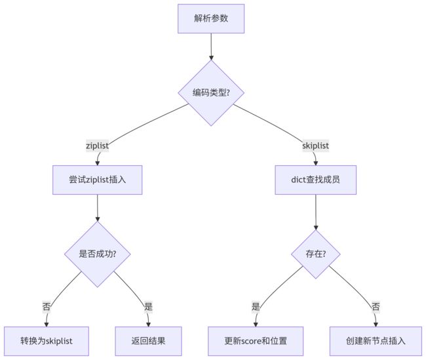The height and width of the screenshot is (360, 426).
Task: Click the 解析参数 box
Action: pyautogui.click(x=211, y=19)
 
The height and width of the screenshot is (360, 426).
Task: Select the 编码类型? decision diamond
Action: pyautogui.click(x=211, y=92)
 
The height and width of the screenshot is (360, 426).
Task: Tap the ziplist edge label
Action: pyautogui.click(x=97, y=146)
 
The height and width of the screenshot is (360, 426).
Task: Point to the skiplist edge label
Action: pyautogui.click(x=315, y=146)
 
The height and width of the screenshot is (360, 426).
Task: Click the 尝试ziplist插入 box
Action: pyautogui.click(x=97, y=180)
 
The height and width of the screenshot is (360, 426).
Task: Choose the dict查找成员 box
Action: pyautogui.click(x=315, y=180)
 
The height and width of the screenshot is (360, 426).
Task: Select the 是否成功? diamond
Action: pyautogui.click(x=97, y=254)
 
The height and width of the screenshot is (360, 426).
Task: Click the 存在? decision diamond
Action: pyautogui.click(x=315, y=254)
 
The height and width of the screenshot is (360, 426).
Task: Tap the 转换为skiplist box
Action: pyautogui.click(x=46, y=341)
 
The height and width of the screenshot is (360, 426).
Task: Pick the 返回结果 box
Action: pyautogui.click(x=148, y=341)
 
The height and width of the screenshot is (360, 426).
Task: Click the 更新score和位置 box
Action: pyautogui.click(x=256, y=341)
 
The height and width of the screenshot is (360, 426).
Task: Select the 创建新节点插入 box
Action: pyautogui.click(x=376, y=341)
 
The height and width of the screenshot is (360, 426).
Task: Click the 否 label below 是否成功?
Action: pyautogui.click(x=47, y=307)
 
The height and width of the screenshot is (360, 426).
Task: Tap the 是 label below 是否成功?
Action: pyautogui.click(x=148, y=307)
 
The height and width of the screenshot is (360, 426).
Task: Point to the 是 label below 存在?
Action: pyautogui.click(x=256, y=307)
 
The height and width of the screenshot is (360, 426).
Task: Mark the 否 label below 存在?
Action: pyautogui.click(x=376, y=307)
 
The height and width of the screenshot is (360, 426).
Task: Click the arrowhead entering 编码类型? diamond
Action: pyautogui.click(x=211, y=58)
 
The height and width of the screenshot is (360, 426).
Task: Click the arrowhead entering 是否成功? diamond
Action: pyautogui.click(x=97, y=219)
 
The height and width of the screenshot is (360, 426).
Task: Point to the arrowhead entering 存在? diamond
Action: pyautogui.click(x=316, y=228)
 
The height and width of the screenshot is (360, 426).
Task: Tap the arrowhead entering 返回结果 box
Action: pyautogui.click(x=148, y=325)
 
